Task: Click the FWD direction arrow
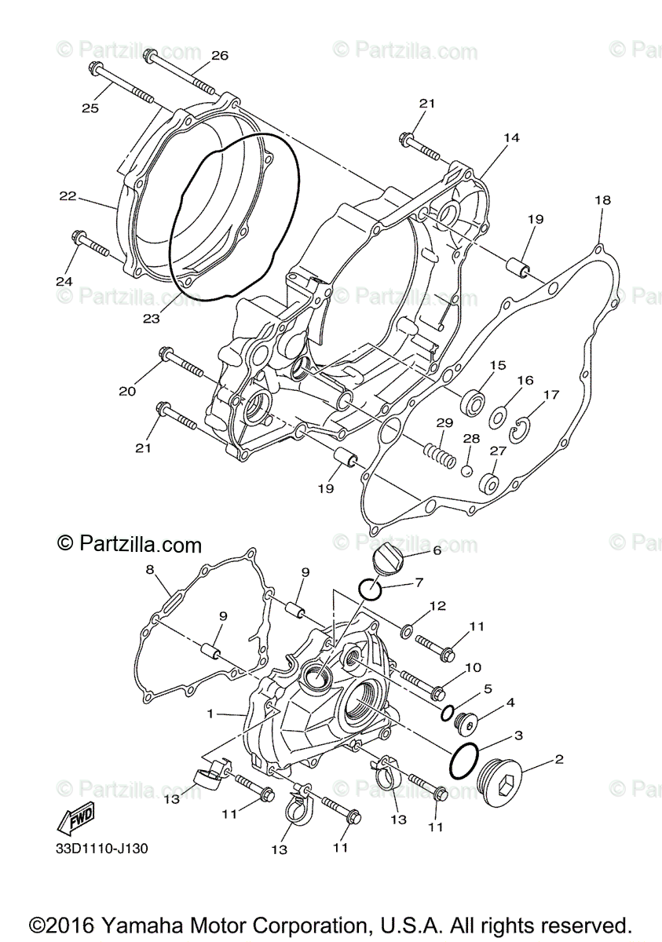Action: (x=75, y=820)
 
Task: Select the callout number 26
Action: (x=220, y=55)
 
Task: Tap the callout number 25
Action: (x=90, y=108)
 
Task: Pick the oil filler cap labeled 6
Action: (x=387, y=561)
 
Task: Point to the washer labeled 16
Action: (x=499, y=417)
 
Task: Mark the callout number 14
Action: (x=511, y=137)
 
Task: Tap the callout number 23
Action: (x=152, y=319)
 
